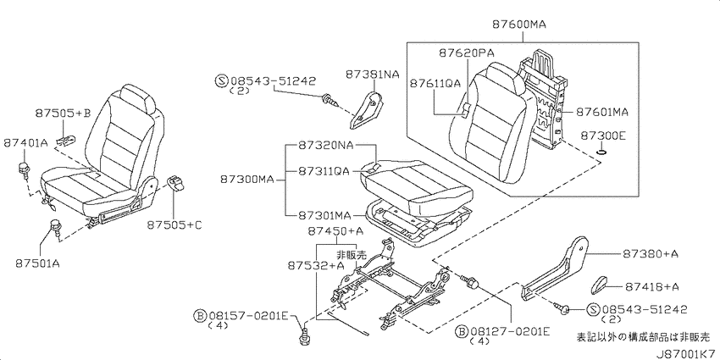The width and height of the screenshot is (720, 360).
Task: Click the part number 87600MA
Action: (519, 25)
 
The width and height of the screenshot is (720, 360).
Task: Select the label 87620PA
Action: (465, 53)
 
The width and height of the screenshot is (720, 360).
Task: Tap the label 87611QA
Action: (435, 83)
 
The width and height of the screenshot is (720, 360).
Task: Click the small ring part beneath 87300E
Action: (601, 151)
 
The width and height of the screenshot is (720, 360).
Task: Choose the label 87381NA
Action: (373, 74)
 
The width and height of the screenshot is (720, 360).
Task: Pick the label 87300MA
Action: (246, 180)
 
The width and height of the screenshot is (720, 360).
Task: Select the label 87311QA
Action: (324, 171)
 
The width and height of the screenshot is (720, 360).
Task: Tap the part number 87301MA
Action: (324, 215)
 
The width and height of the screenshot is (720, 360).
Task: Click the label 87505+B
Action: (63, 114)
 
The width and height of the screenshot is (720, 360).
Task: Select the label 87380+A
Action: (651, 254)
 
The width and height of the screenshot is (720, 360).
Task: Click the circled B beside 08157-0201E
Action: (200, 315)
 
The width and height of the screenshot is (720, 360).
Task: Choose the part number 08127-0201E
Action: (508, 331)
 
